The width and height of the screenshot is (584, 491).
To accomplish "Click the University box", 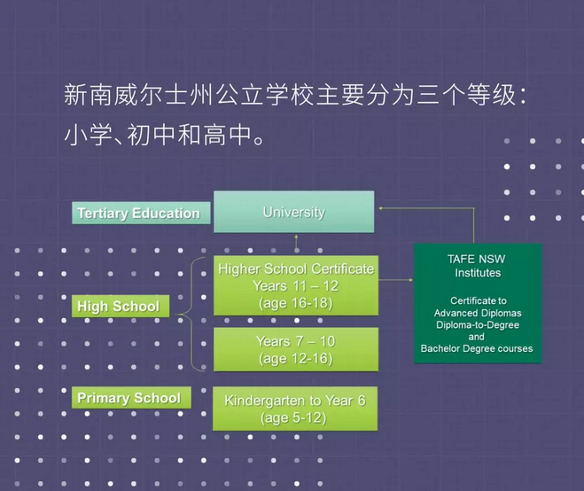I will [293, 213].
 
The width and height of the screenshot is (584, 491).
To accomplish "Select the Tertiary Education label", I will [138, 214].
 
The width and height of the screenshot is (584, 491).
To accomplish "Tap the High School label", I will [118, 307].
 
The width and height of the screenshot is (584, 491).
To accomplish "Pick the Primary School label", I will [128, 398].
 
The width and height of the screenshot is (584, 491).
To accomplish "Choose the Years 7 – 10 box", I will [295, 350].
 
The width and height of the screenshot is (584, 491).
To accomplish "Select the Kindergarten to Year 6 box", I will [295, 409].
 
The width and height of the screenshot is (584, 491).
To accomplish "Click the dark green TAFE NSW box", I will [478, 303].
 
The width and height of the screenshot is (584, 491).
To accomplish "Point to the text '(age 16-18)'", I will [295, 303].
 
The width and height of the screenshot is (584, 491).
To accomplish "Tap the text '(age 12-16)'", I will [295, 359].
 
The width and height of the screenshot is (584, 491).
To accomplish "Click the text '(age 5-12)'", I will [295, 417].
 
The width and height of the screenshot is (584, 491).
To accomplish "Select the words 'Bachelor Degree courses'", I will [477, 348].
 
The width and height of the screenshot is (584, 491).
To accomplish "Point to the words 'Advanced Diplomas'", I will [477, 313].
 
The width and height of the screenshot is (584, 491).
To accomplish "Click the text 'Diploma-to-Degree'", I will [477, 324].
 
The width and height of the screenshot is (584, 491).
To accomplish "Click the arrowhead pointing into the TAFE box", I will [410, 279].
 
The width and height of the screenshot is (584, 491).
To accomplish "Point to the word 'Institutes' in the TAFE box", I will [478, 273].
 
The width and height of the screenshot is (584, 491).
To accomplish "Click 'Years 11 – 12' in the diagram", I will [295, 286].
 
